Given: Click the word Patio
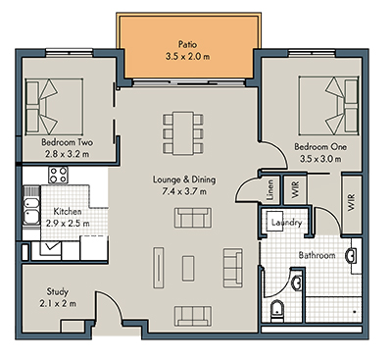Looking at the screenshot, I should [x=187, y=44].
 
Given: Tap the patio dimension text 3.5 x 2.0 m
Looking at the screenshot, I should [x=187, y=56].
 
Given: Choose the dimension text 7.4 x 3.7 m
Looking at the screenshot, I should [x=183, y=193].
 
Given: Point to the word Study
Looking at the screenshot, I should [x=59, y=290].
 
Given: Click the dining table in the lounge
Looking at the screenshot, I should [x=183, y=127].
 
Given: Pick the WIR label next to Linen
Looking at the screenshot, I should [x=292, y=185].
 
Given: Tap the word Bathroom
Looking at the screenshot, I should [x=318, y=255].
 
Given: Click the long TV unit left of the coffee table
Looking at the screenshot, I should [x=155, y=264].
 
